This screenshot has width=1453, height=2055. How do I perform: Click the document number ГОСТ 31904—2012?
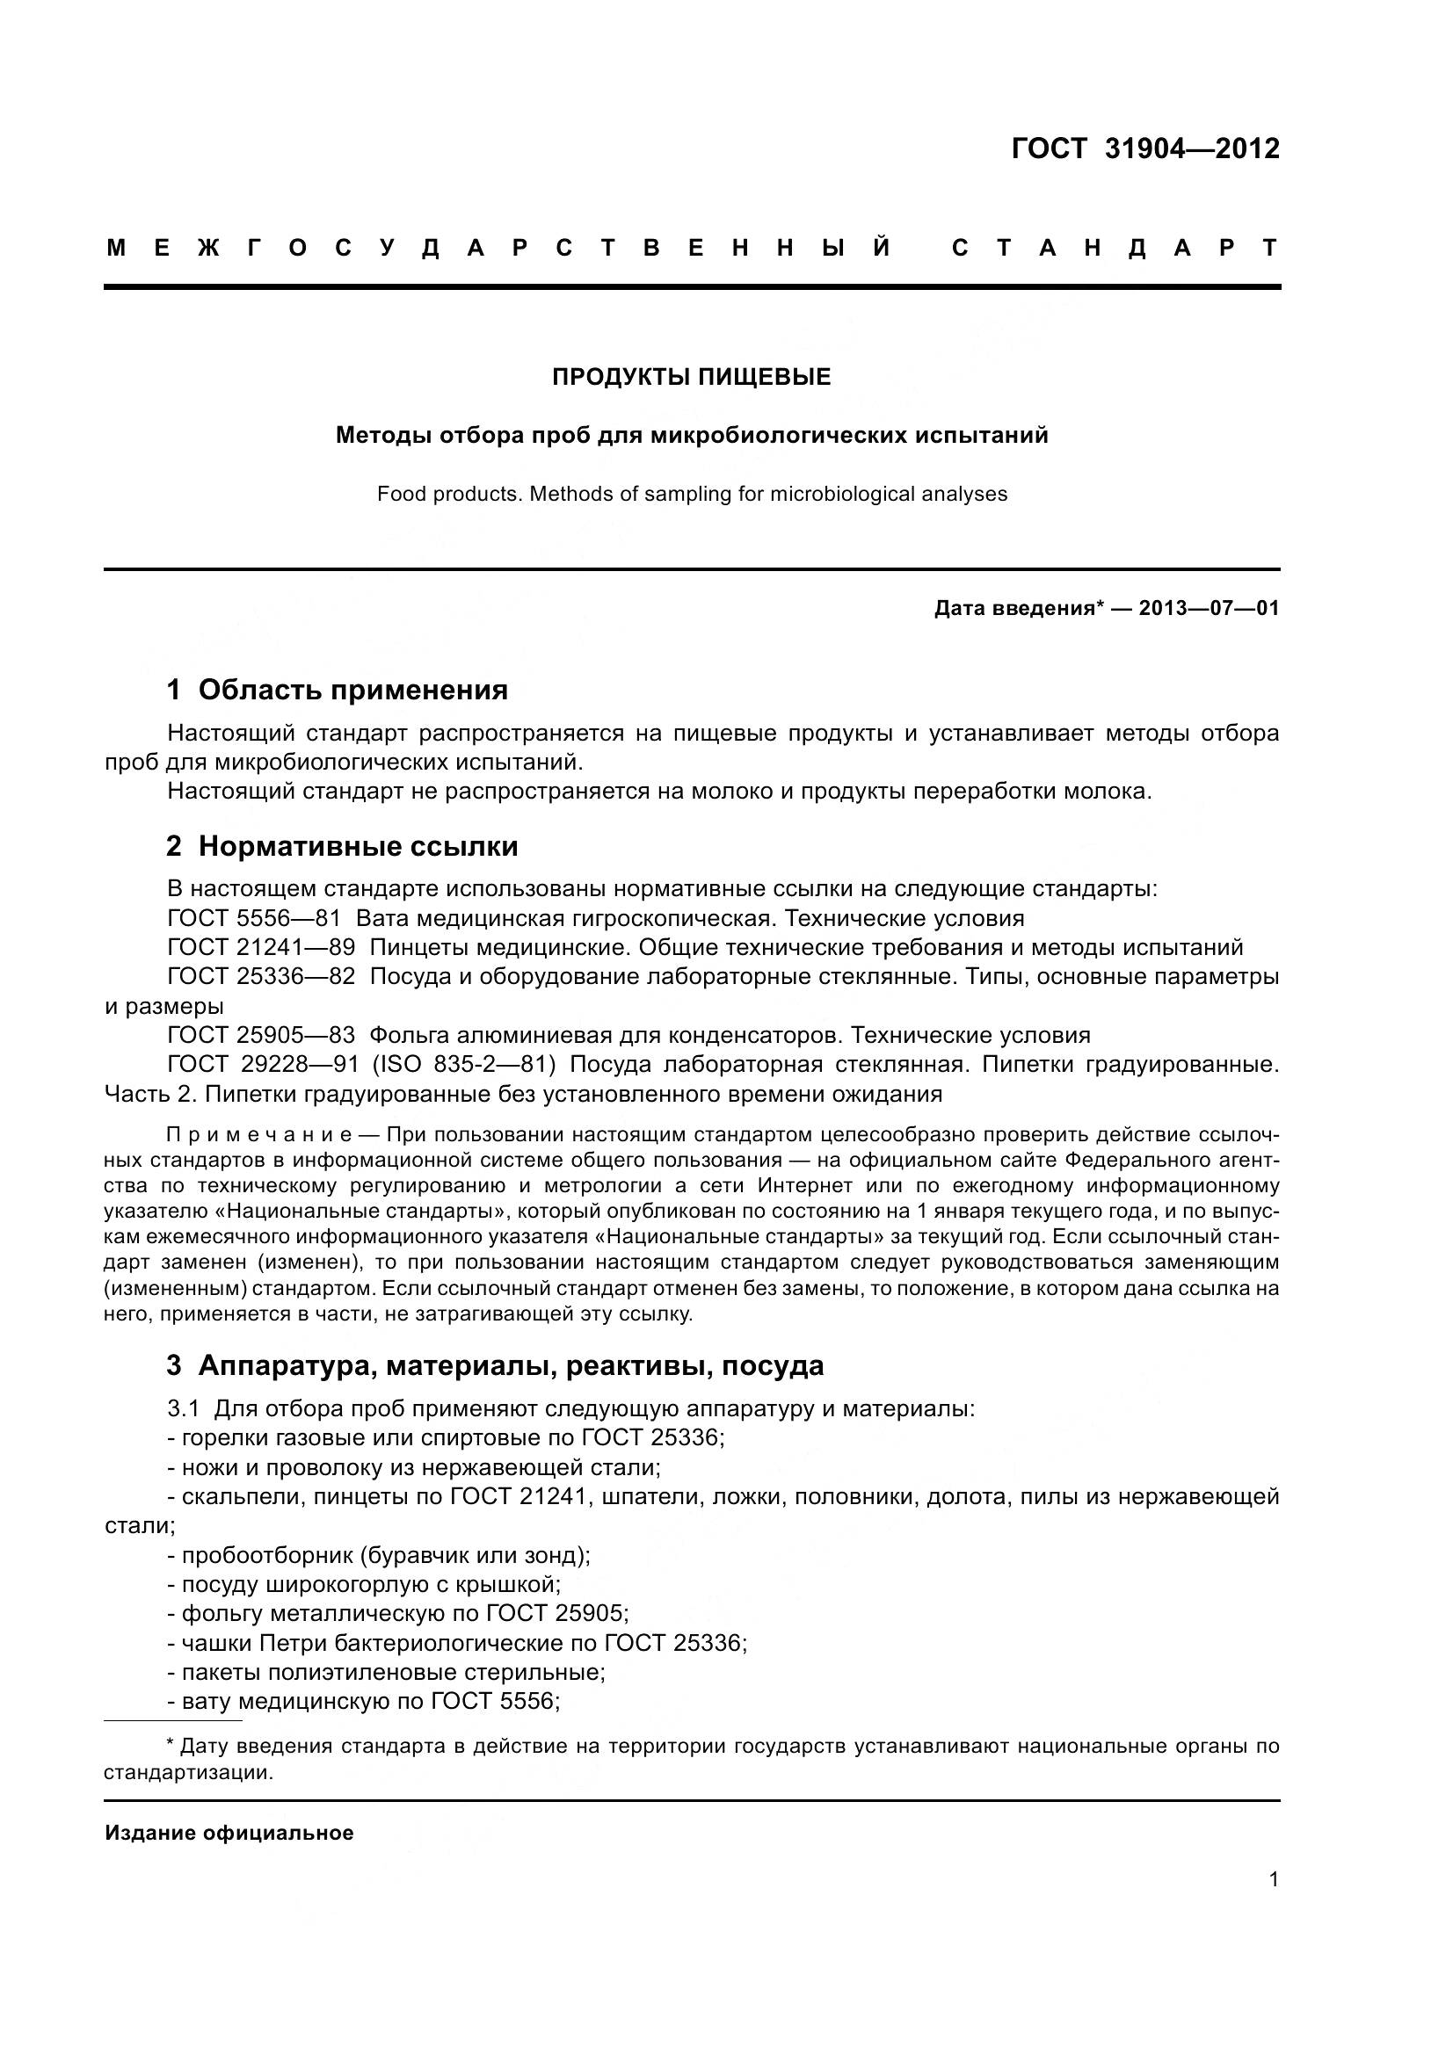pyautogui.click(x=1145, y=148)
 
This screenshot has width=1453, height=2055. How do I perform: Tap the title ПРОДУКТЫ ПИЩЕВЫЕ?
pyautogui.click(x=691, y=377)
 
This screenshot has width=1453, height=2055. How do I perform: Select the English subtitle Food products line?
pyautogui.click(x=691, y=494)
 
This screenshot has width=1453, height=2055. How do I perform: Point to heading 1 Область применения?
pyautogui.click(x=338, y=690)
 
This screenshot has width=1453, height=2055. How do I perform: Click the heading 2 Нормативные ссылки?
pyautogui.click(x=342, y=846)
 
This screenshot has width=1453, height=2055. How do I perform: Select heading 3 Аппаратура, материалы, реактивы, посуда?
pyautogui.click(x=495, y=1366)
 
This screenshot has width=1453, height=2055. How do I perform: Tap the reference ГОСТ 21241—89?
pyautogui.click(x=260, y=948)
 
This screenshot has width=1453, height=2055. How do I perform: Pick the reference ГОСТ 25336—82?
pyautogui.click(x=260, y=976)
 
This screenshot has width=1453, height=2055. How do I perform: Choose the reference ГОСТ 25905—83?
pyautogui.click(x=260, y=1036)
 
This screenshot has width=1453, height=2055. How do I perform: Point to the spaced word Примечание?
pyautogui.click(x=258, y=1135)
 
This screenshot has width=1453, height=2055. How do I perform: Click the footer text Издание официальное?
pyautogui.click(x=229, y=1833)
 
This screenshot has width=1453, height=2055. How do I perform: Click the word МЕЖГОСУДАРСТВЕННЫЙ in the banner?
pyautogui.click(x=498, y=248)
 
